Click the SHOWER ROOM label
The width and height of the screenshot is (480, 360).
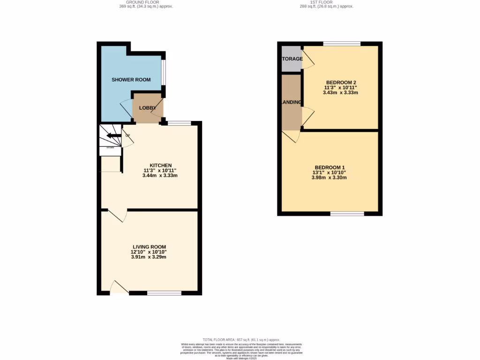[131, 80]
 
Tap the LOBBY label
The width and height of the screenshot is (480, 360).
[147, 108]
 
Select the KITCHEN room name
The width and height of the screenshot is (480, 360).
[160, 165]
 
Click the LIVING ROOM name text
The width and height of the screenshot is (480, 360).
[149, 247]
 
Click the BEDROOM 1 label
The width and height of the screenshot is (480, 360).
[330, 167]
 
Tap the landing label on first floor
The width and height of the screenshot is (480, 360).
[291, 102]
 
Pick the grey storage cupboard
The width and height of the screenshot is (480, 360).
[291, 59]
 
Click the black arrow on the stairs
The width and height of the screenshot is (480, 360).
[112, 136]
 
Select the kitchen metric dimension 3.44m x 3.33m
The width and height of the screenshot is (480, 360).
[160, 176]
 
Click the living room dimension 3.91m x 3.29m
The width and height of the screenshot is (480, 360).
[149, 257]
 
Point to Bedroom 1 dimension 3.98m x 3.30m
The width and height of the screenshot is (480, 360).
[329, 178]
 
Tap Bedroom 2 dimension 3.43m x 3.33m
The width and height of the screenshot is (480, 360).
[340, 92]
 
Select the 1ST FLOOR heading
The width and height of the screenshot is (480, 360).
[327, 2]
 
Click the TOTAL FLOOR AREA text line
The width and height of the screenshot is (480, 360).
[241, 339]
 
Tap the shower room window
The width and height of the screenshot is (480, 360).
[164, 72]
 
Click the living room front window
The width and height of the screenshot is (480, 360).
[164, 293]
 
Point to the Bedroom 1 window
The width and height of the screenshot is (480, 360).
[347, 214]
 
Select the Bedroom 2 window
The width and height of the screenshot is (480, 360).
[342, 44]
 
